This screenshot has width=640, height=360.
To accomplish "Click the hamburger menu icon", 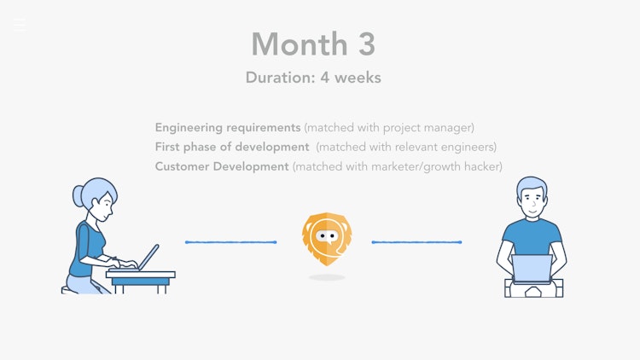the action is (19, 25).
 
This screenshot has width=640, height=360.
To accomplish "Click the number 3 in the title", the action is (367, 44).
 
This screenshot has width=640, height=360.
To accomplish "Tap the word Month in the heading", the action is (300, 44).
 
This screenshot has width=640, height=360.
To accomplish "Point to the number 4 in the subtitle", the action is (325, 78).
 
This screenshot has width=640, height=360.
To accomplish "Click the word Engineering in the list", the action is (189, 128).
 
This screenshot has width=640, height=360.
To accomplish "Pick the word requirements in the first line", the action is (264, 128).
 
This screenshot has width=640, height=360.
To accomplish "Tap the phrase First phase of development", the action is (232, 147).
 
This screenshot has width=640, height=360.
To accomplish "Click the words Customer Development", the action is (222, 166).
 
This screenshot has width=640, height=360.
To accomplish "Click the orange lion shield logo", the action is (327, 239).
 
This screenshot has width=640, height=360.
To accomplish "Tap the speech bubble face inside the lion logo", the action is (327, 237).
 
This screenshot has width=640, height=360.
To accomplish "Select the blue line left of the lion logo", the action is (231, 242).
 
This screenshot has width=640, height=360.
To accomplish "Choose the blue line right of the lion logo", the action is (416, 242).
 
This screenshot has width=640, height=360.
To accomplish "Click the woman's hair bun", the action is (78, 195).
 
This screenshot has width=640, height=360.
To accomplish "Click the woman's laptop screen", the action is (148, 258).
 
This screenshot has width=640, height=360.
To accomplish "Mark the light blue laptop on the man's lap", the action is (532, 269).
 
